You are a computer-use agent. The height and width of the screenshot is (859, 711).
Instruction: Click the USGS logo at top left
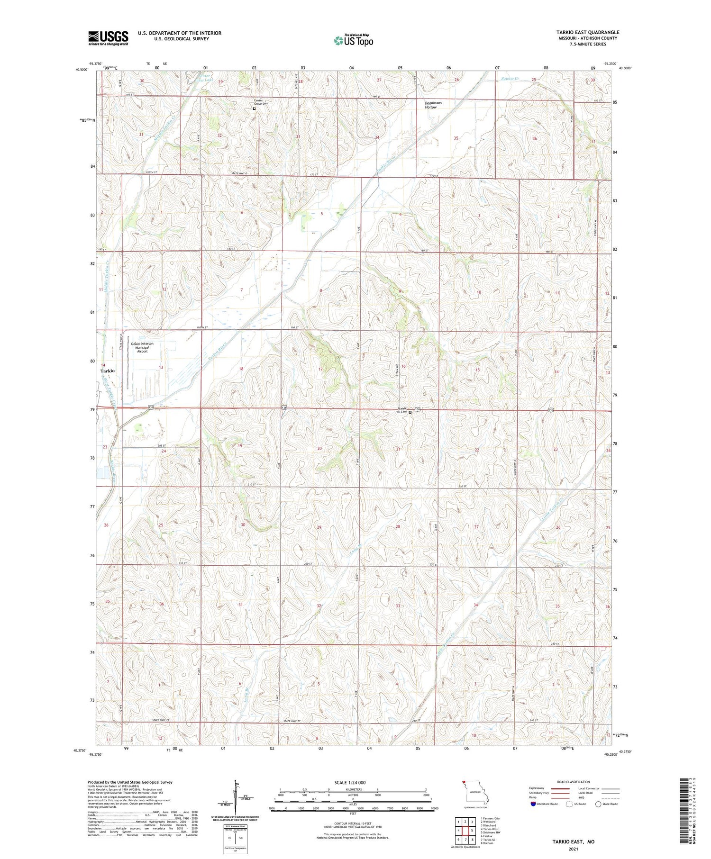click(108, 38)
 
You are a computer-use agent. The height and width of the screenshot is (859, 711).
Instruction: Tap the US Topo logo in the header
click(353, 40)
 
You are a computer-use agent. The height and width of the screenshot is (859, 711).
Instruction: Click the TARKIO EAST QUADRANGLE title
click(588, 32)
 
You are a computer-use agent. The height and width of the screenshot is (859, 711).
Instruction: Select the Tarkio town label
click(108, 371)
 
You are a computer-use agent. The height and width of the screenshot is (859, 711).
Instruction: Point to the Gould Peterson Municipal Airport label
click(142, 347)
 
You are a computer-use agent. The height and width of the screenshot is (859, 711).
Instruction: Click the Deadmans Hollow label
click(431, 105)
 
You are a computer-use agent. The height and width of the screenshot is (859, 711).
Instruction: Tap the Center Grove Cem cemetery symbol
click(254, 109)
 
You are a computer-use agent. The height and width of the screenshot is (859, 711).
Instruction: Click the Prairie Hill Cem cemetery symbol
click(410, 412)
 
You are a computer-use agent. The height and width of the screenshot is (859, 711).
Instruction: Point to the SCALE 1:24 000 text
click(353, 782)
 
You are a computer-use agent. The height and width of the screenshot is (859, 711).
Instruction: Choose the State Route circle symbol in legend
click(598, 804)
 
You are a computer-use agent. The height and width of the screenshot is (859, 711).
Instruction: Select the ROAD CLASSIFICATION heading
click(574, 782)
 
